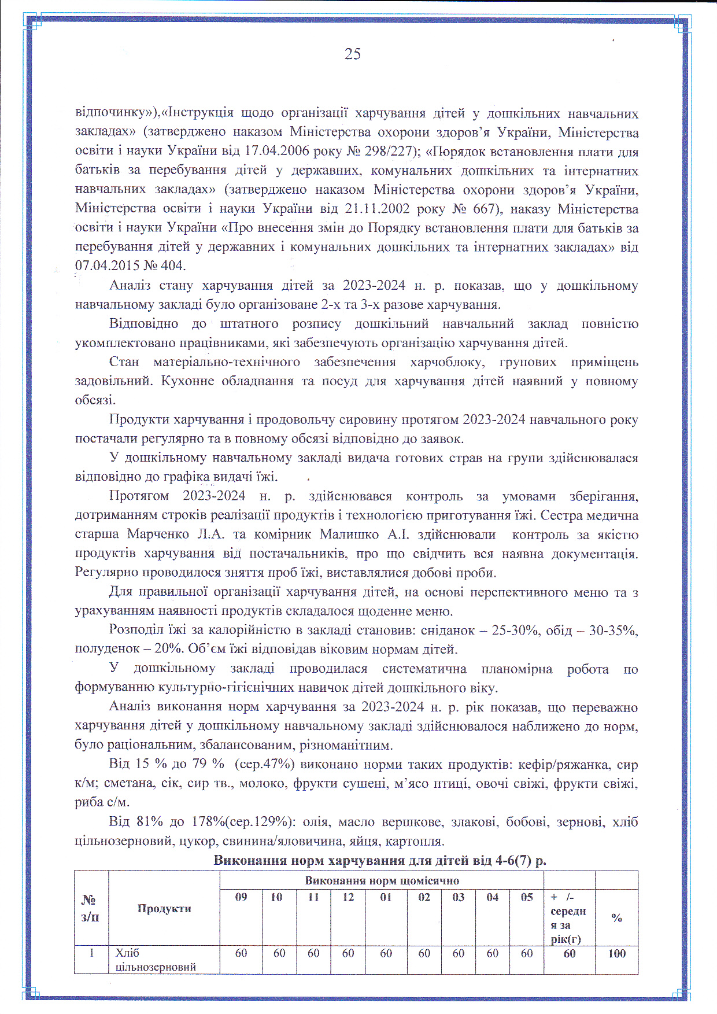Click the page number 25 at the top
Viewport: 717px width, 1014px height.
pyautogui.click(x=352, y=54)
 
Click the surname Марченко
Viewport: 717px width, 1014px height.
pyautogui.click(x=154, y=534)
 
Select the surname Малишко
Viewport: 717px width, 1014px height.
pyautogui.click(x=349, y=534)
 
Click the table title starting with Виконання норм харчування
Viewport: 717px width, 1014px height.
pyautogui.click(x=380, y=860)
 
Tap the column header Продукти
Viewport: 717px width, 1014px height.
pyautogui.click(x=164, y=909)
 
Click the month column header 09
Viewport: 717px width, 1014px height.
pyautogui.click(x=241, y=897)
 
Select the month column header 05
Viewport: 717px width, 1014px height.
pyautogui.click(x=527, y=897)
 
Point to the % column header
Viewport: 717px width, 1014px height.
pyautogui.click(x=616, y=918)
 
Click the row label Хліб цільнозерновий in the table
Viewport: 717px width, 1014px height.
pyautogui.click(x=155, y=960)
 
